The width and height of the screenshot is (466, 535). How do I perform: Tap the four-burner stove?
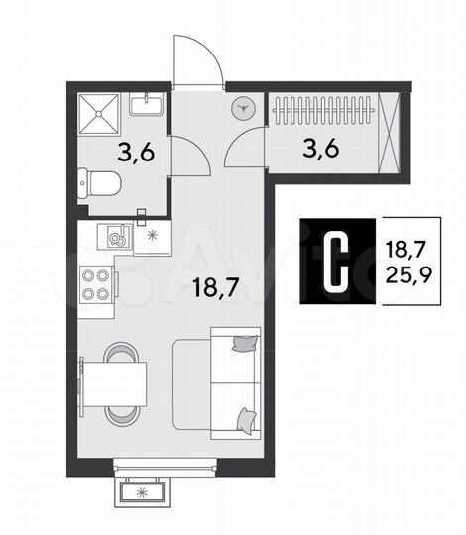tap(97, 285)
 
